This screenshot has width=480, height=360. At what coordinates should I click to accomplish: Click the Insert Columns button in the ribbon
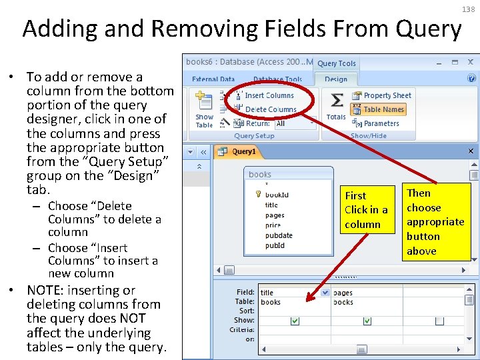269,95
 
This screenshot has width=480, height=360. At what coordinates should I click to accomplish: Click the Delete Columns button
270,109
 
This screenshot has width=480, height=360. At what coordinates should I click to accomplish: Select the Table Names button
383,109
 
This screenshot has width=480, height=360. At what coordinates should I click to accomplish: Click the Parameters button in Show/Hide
381,123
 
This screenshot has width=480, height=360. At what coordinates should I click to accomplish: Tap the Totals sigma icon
337,101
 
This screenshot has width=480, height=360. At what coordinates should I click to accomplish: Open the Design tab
336,79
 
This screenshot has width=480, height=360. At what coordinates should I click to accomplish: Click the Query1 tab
243,151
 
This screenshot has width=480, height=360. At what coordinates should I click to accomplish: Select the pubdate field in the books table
279,235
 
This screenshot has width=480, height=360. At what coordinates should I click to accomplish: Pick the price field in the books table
273,225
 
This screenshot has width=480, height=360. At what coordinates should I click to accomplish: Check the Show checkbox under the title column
295,321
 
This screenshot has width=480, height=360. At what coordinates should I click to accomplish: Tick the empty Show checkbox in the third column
439,321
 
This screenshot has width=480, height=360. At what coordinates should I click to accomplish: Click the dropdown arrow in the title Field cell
325,293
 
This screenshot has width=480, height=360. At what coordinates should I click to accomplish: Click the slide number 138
467,9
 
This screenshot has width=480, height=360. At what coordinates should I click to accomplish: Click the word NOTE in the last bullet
46,290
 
